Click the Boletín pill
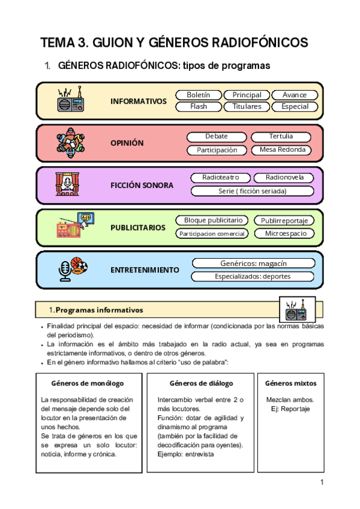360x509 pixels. [198, 95]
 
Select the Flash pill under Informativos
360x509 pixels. [198, 106]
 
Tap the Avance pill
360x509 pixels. [294, 95]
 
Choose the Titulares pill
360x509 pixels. [247, 106]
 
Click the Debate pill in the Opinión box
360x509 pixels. [216, 137]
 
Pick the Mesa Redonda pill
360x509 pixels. [282, 149]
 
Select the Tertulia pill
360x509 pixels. [281, 137]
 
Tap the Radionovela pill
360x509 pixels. [284, 178]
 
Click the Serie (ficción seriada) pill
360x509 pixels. [253, 191]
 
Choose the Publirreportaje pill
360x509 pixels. [284, 221]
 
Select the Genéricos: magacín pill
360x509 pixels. [253, 264]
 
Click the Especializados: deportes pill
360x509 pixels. [253, 277]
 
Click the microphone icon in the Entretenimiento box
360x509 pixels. [65, 271]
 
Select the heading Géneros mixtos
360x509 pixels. [291, 383]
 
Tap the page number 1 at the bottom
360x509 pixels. [322, 483]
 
